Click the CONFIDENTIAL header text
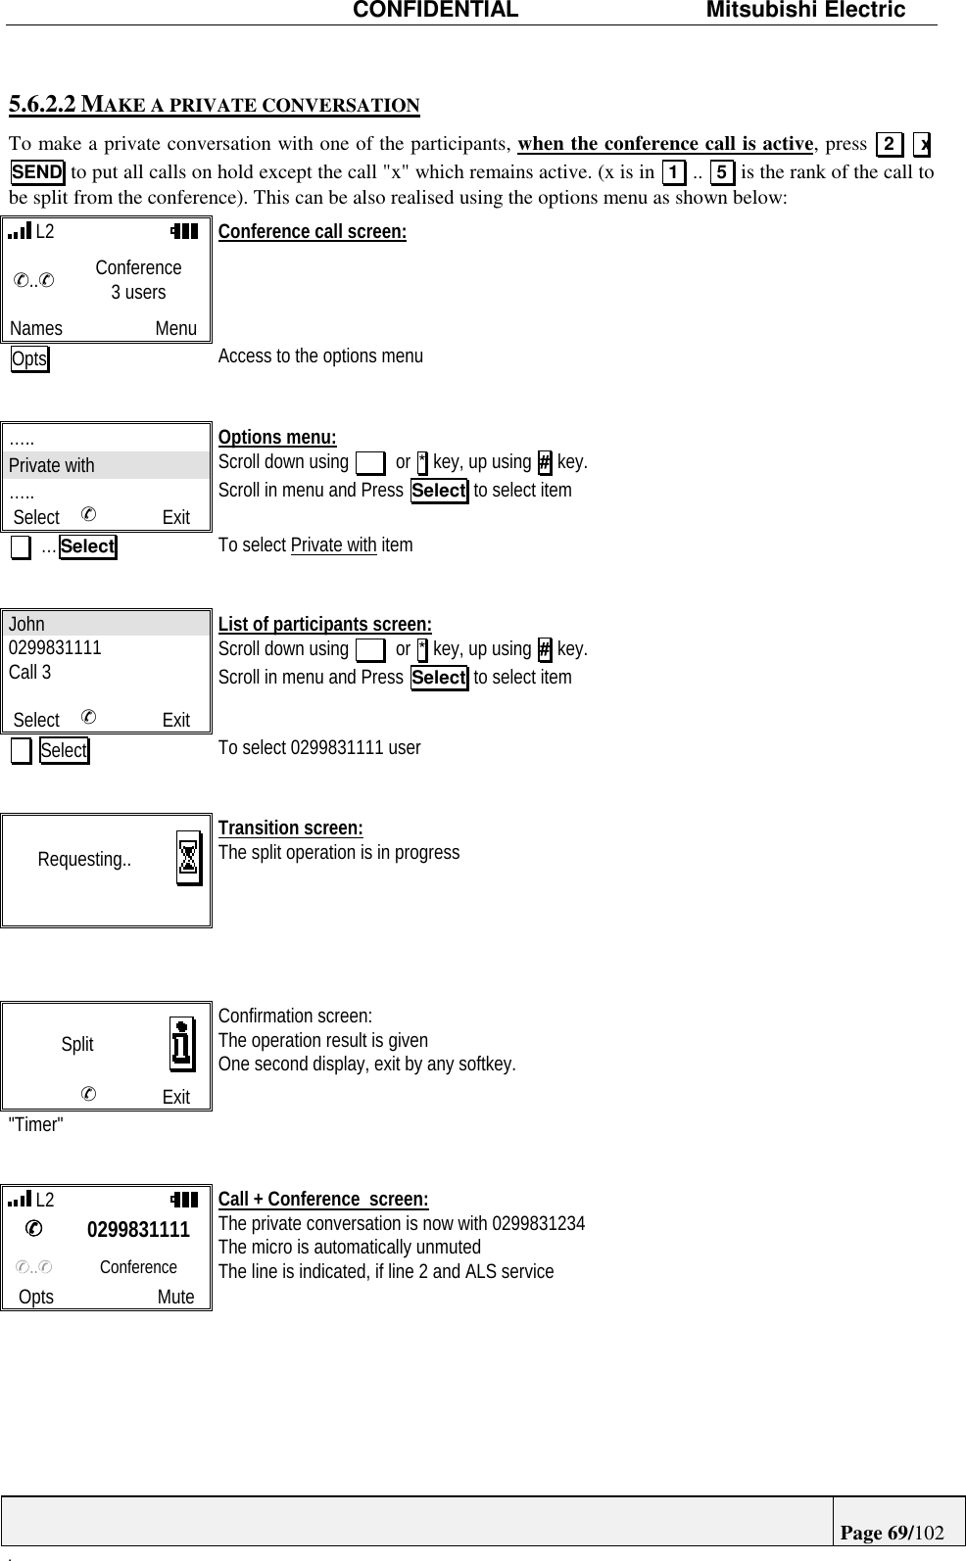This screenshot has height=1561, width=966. [x=435, y=11]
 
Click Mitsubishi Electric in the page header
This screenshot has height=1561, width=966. [x=805, y=11]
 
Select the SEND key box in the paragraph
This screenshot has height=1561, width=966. [x=37, y=172]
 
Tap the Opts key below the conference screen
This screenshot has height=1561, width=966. [x=29, y=359]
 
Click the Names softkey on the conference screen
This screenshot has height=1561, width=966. [x=36, y=329]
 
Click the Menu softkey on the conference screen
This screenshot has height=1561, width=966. [x=175, y=329]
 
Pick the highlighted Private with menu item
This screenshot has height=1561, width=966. [x=52, y=465]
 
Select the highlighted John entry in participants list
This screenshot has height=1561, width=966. [x=27, y=624]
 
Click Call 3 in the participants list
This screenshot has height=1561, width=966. [x=30, y=672]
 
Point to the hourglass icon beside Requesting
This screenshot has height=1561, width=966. [x=189, y=859]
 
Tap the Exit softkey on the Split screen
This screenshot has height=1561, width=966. [x=176, y=1097]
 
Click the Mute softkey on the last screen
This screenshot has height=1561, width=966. [x=176, y=1297]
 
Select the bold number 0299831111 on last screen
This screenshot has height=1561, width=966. [x=138, y=1230]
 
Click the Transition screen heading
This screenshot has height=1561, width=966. [x=290, y=828]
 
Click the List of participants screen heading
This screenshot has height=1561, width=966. [x=324, y=625]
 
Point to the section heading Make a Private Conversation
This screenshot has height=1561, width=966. [x=214, y=105]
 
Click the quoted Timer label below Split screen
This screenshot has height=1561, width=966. [x=35, y=1124]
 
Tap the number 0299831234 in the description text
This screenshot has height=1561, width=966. [x=538, y=1223]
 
